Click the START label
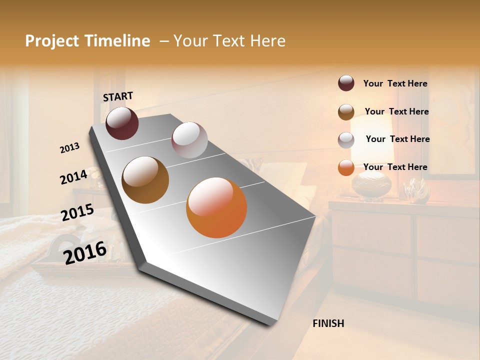click(118, 96)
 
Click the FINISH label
click(328, 323)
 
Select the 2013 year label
click(69, 148)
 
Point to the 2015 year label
click(77, 212)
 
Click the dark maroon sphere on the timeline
click(122, 123)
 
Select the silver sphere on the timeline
click(189, 140)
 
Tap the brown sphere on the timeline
click(145, 180)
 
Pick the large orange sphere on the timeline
click(216, 207)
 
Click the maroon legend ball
click(346, 83)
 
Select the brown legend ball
click(346, 112)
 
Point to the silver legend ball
click(346, 140)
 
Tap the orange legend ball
click(346, 167)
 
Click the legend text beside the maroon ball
click(395, 84)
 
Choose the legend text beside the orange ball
click(395, 167)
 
